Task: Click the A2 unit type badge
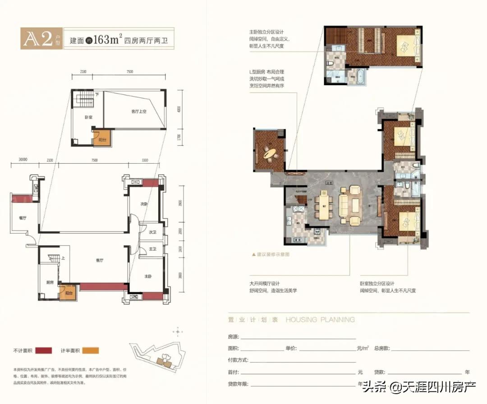pyautogui.click(x=41, y=39)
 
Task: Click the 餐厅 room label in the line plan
pyautogui.click(x=23, y=218)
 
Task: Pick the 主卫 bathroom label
pyautogui.click(x=153, y=249)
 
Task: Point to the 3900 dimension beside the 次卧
pyautogui.click(x=179, y=203)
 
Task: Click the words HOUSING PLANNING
pyautogui.click(x=320, y=320)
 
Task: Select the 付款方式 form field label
pyautogui.click(x=239, y=360)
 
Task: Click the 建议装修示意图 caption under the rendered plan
pyautogui.click(x=271, y=255)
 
